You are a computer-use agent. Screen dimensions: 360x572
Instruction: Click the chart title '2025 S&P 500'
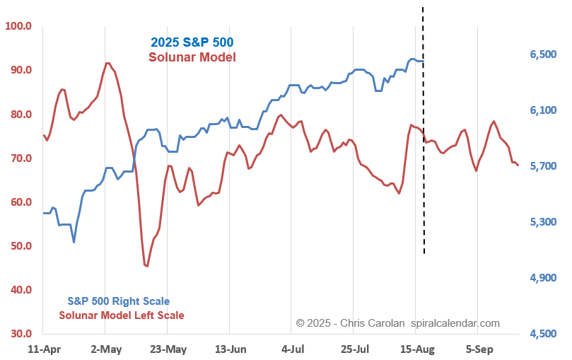click(x=192, y=42)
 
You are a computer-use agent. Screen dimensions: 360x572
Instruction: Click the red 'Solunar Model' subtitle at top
click(x=192, y=57)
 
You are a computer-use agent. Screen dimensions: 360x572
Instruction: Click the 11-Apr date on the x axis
click(x=43, y=349)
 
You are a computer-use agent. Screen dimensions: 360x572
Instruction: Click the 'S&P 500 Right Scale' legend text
click(x=119, y=301)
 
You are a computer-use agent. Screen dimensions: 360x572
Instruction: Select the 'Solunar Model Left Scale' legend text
click(x=122, y=315)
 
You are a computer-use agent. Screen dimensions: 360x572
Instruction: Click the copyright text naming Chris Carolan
click(x=397, y=323)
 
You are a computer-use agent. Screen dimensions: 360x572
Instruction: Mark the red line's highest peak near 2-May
click(x=107, y=63)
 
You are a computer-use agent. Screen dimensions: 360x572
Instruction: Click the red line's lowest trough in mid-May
click(x=146, y=266)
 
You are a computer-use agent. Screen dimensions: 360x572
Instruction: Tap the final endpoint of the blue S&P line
click(x=423, y=61)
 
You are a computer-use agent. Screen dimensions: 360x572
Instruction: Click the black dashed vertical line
click(x=424, y=177)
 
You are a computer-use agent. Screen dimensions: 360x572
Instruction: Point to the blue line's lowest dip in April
click(x=74, y=242)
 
